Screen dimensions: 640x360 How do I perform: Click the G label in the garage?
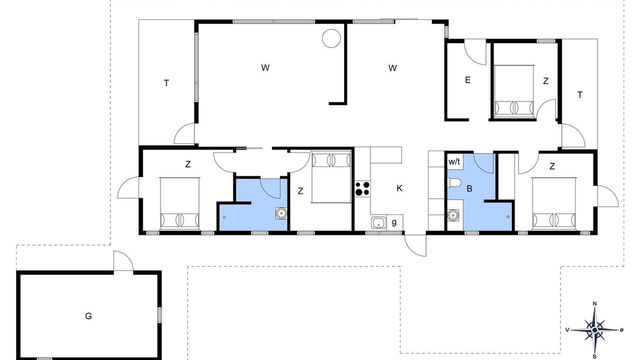(88, 316)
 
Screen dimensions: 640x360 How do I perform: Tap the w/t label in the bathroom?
(454, 161)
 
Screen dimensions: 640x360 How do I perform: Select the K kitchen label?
(399, 188)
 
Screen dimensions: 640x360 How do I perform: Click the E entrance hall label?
(467, 80)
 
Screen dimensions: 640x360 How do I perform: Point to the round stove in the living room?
(331, 38)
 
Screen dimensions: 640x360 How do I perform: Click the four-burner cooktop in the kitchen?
(362, 188)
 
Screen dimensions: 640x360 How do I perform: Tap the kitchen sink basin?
(378, 223)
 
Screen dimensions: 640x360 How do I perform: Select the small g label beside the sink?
(394, 222)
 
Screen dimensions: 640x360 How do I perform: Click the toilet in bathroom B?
(454, 182)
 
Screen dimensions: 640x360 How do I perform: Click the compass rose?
(595, 330)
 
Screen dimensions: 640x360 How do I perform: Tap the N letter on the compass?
(595, 303)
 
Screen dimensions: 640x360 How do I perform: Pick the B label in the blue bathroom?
(469, 188)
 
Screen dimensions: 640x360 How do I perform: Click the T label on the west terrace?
(166, 83)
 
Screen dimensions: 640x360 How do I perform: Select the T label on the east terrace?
(580, 95)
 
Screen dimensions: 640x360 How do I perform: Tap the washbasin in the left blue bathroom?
(281, 213)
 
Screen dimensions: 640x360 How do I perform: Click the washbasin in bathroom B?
(453, 215)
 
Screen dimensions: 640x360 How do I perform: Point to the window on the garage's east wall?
(159, 315)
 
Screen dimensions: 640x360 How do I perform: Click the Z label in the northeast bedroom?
(545, 81)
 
